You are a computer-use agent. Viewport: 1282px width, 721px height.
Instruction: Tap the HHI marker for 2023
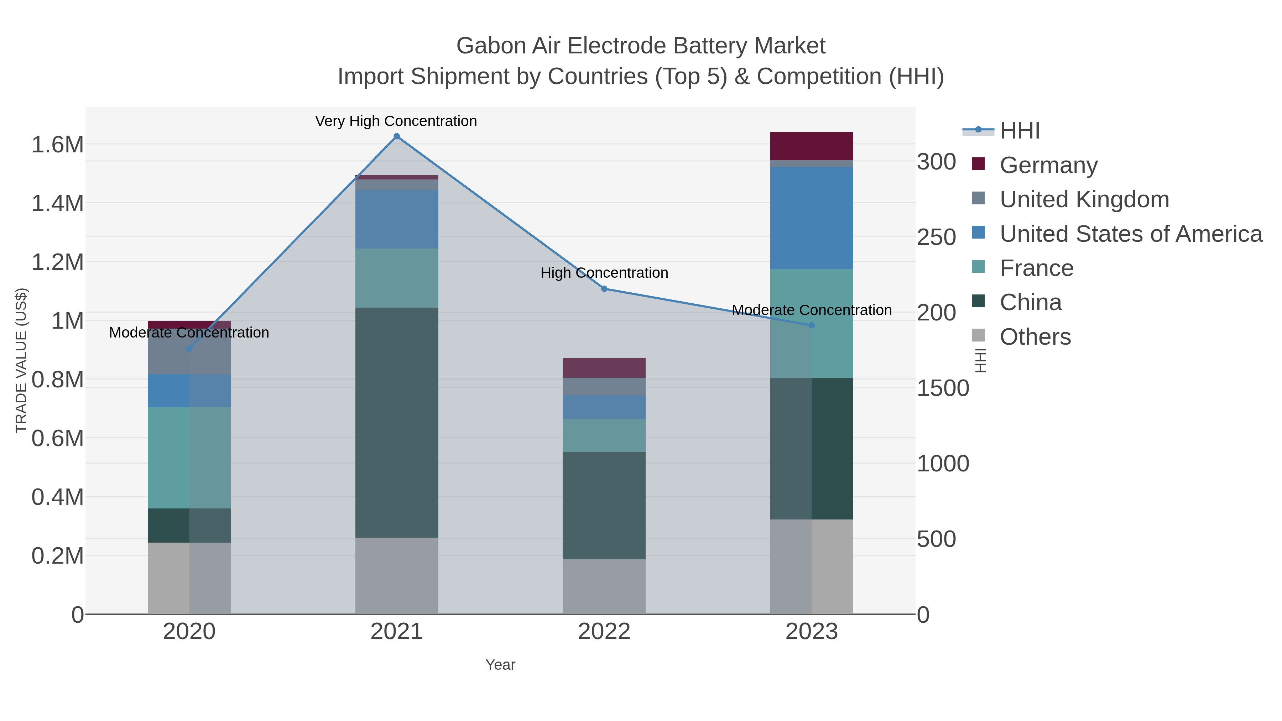click(x=812, y=325)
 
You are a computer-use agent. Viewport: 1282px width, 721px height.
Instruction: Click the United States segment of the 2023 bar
click(x=812, y=218)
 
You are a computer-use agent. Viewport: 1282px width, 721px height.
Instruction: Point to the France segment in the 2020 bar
click(x=189, y=458)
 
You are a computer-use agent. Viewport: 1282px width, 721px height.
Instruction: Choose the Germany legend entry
click(x=1048, y=165)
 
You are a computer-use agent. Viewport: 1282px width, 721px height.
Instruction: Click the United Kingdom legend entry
click(x=1084, y=199)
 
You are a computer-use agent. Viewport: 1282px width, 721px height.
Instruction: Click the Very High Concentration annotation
click(x=396, y=121)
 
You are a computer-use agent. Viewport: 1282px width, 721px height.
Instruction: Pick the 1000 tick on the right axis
click(x=943, y=464)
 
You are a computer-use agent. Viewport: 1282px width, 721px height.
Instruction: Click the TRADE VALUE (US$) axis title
click(x=21, y=360)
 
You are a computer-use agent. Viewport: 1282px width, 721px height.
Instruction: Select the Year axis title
click(x=500, y=665)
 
